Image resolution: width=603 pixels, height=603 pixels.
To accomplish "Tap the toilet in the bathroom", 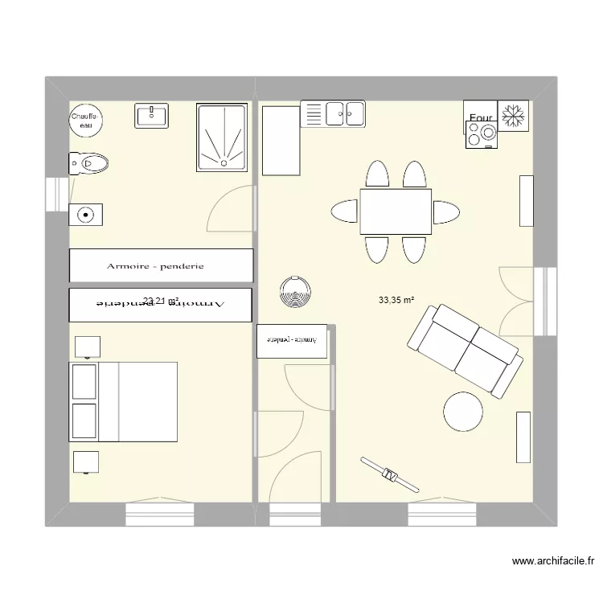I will (90, 164).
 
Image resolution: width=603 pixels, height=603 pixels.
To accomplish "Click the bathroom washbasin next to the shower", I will (151, 116).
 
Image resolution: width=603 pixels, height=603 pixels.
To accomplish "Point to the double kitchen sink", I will (333, 114).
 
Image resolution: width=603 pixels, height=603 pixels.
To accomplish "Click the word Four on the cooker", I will (480, 118).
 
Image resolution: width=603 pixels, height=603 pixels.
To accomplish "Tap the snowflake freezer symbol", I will (513, 116).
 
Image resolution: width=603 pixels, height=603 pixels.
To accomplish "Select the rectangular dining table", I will (395, 211).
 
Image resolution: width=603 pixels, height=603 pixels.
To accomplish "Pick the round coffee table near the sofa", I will (463, 411).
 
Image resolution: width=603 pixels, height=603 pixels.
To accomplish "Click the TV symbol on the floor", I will (390, 474).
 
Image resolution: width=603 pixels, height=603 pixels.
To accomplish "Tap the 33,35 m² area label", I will (396, 301).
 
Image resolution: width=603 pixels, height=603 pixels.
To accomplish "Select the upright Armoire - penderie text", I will (155, 266).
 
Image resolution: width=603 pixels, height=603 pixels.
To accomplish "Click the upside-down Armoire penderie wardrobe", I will (161, 303).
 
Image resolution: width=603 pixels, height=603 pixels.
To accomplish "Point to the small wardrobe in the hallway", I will (292, 340).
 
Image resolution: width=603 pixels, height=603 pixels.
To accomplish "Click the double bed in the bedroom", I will (124, 401).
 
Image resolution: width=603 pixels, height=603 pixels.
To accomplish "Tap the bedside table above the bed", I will (87, 347).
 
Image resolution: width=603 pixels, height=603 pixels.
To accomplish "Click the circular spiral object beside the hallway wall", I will (294, 293).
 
